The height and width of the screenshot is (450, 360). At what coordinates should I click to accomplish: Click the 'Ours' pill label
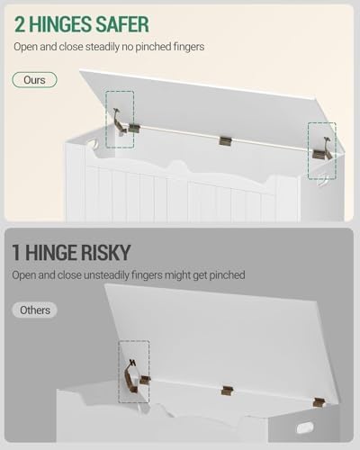coord(34,80)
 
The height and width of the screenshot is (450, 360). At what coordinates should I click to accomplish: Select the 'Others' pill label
coord(34,310)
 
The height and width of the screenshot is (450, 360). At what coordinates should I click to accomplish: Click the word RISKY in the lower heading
coord(104,253)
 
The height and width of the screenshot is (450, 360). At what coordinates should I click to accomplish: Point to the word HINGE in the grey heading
coord(50,253)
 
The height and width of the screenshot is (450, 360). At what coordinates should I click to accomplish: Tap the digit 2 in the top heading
coord(20,24)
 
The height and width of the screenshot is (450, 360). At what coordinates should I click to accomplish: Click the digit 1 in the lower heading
coord(16,253)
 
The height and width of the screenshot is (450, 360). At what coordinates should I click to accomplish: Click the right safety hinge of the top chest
coord(323,149)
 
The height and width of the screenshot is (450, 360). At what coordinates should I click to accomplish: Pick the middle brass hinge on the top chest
coord(225,141)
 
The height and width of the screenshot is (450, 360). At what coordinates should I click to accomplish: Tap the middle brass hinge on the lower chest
coord(228,391)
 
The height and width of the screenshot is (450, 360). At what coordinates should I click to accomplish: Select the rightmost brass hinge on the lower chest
coord(319,402)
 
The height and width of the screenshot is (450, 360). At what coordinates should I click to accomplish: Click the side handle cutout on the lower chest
coord(305,427)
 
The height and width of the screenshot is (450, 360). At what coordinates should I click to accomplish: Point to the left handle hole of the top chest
coord(94,143)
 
